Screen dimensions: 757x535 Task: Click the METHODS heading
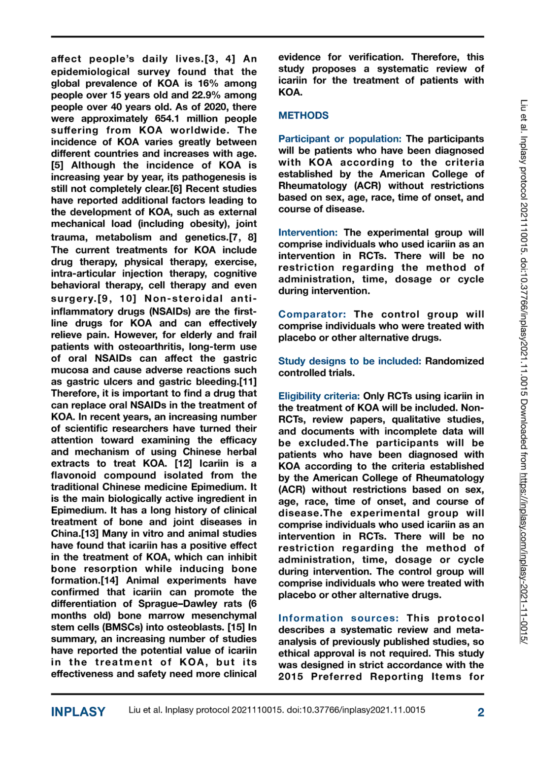(303, 115)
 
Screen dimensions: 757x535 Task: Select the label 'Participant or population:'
(339, 139)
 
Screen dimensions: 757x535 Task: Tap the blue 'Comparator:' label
(312, 314)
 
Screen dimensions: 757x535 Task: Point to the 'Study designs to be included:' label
(349, 361)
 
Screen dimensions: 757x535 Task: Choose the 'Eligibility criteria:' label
(319, 396)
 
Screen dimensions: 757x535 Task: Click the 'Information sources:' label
(338, 619)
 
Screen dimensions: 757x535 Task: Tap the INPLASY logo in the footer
(78, 712)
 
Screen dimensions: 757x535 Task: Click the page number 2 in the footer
(480, 712)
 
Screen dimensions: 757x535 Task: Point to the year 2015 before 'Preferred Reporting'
(290, 677)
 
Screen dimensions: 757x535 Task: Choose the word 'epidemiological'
(91, 72)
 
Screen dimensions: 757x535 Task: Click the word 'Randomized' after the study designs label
(454, 361)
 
